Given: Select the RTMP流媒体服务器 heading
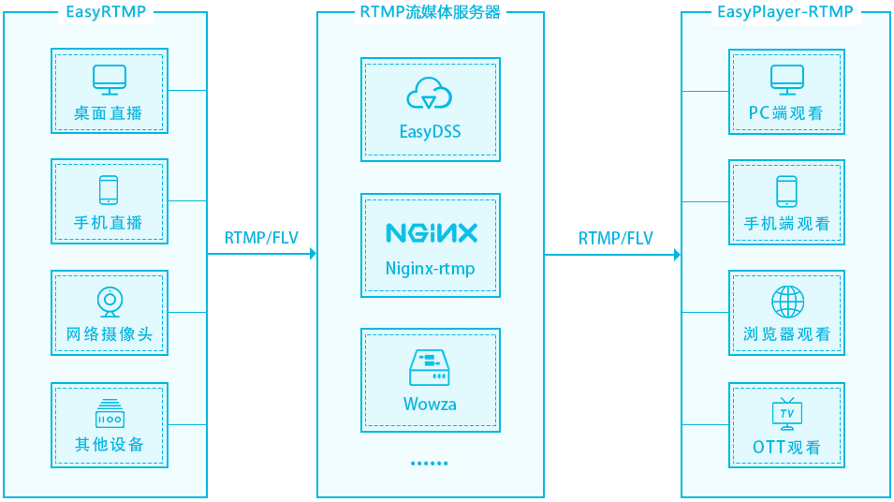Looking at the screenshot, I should [x=431, y=12].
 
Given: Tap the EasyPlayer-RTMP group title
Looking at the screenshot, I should [x=785, y=12].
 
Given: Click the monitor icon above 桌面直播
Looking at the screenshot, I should [x=109, y=80].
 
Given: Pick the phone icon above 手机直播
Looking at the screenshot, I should [x=109, y=189].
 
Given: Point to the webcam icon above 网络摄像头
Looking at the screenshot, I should [x=109, y=302].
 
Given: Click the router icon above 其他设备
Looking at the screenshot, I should [x=109, y=413].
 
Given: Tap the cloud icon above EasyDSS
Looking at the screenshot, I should [x=430, y=95].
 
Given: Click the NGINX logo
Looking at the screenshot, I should [x=431, y=232].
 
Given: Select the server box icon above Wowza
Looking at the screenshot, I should [x=430, y=368].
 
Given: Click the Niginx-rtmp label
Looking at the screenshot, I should [x=430, y=269].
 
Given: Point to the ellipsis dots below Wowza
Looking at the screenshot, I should [x=430, y=463].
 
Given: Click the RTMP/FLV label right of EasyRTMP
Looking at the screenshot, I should [x=261, y=238].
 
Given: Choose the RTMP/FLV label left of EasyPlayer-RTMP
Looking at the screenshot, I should [x=615, y=238].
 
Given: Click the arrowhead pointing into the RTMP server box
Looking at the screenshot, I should [x=312, y=254].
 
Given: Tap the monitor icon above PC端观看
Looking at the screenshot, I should [x=785, y=80].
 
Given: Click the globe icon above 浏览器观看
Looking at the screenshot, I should [x=786, y=302].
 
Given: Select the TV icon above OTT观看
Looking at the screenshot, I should [x=786, y=413].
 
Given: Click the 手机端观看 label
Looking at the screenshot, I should [x=786, y=224].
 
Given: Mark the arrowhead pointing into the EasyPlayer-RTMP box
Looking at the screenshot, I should [x=676, y=254].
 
